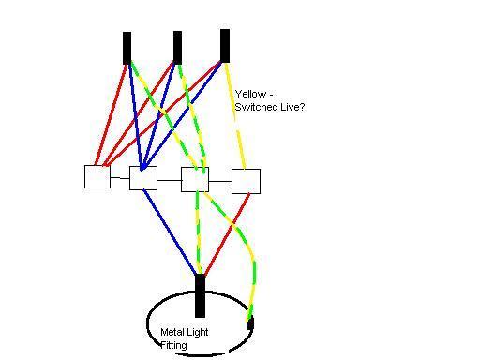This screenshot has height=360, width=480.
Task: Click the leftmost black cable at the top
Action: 127,48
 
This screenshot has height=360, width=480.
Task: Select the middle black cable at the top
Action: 177,48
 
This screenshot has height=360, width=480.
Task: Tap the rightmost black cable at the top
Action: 225,46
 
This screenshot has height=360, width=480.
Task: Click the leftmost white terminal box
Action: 97,177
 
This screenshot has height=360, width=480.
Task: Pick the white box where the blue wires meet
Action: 143,178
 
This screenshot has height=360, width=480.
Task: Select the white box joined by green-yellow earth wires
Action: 195,179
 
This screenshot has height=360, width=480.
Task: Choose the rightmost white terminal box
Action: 246,181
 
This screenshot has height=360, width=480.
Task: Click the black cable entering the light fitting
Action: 200,295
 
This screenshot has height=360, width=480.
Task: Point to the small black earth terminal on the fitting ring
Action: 250,323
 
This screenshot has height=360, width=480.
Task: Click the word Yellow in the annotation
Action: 251,94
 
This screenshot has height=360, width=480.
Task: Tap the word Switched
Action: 256,107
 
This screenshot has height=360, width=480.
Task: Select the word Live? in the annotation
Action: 292,107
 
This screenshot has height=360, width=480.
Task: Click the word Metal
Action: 172,332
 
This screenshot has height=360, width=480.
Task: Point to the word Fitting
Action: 173,345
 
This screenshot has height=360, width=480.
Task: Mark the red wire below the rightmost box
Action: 227,233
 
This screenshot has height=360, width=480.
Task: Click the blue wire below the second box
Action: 170,232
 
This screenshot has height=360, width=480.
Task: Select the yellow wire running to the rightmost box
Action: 234,116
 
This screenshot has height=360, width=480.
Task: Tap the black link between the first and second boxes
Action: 120,178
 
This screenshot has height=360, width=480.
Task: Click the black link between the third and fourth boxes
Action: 220,181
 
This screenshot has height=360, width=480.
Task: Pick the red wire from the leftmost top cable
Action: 111,114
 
